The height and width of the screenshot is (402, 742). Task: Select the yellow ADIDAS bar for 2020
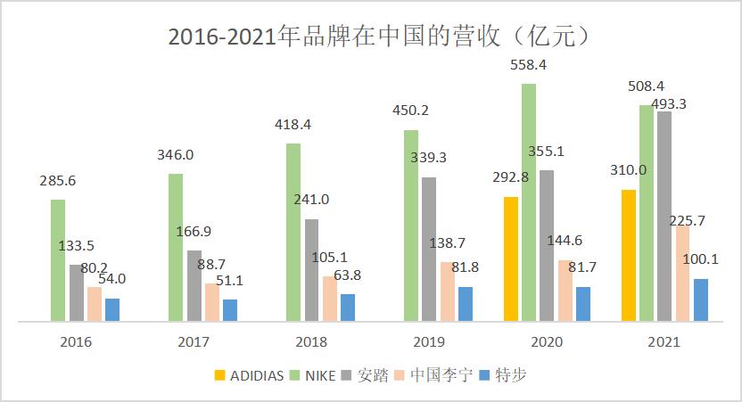[x=511, y=258]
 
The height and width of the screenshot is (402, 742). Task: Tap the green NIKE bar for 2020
[x=529, y=201]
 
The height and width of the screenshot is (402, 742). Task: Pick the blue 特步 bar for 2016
[x=111, y=309]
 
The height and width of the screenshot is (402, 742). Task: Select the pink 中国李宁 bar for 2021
[x=682, y=273]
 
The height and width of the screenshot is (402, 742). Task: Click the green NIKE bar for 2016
[x=58, y=259]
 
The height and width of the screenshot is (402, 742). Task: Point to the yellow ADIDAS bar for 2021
[x=629, y=255]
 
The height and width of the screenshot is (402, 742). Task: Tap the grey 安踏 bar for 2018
[x=311, y=269]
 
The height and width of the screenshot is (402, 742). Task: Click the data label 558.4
[x=528, y=65]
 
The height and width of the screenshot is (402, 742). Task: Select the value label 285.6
[x=57, y=181]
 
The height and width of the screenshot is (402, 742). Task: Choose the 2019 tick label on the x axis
[x=429, y=341]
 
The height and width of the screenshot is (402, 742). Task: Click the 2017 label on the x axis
[x=194, y=341]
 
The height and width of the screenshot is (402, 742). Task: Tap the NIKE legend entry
[x=312, y=375]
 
